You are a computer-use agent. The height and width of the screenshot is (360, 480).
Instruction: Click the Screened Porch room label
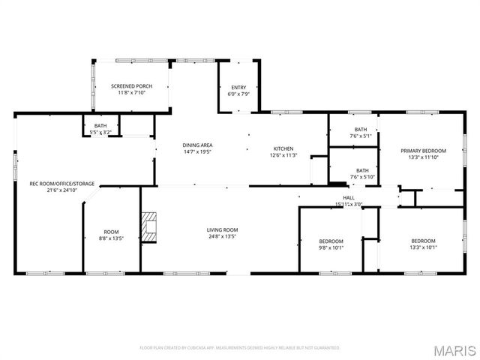coord(132,86)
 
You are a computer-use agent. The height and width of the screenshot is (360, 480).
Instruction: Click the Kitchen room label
coord(283,148)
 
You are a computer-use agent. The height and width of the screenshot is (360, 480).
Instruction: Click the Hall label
coord(349,197)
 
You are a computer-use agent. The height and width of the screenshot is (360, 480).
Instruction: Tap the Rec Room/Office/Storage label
coord(62,183)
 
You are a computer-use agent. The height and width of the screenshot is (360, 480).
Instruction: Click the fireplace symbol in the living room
coord(150,228)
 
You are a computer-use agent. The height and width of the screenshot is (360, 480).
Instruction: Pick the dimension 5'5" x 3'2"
coord(100,132)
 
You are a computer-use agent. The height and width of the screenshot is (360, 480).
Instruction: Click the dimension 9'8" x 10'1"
coord(331,247)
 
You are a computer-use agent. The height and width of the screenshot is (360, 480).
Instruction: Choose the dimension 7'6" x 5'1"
coord(361,136)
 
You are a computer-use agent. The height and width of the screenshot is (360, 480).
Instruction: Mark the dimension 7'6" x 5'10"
coord(361,178)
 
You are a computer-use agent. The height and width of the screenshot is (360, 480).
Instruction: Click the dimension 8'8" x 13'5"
coord(112,238)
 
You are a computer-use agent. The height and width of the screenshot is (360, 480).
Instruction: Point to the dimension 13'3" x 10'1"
coord(423,247)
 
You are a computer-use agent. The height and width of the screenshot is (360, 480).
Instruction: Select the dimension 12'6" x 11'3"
coord(283,155)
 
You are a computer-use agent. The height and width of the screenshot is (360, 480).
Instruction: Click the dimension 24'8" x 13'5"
coord(222,236)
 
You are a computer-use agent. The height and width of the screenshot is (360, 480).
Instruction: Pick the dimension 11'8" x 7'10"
coord(132,93)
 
